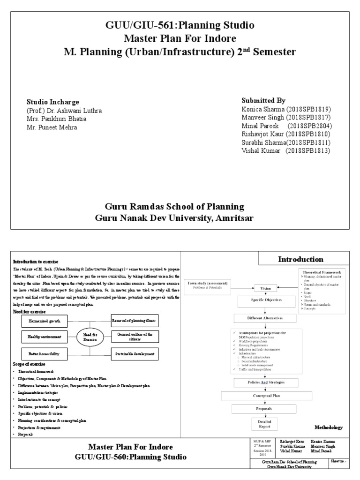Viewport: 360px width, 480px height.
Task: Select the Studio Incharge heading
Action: click(52, 102)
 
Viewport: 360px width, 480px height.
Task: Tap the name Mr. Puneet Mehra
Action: click(52, 127)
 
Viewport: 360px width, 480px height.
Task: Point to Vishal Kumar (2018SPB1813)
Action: click(285, 150)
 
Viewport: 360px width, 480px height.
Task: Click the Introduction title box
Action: click(300, 259)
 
